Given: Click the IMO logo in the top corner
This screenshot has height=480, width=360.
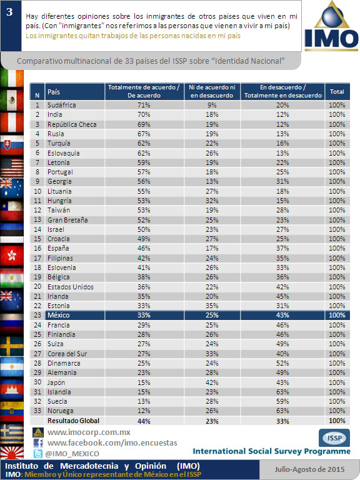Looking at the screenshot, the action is click(331, 26).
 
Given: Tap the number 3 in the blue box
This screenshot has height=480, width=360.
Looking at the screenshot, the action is click(9, 12).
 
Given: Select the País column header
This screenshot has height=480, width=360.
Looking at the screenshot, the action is click(54, 92).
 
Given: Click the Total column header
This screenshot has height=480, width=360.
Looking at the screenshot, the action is click(337, 91).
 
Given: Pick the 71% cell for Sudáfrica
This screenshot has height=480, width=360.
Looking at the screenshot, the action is click(144, 105).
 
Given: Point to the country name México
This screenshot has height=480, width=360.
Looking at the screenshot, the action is click(59, 315).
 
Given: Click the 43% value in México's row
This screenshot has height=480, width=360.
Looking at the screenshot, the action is click(282, 315).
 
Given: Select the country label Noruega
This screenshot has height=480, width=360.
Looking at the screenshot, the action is click(60, 411).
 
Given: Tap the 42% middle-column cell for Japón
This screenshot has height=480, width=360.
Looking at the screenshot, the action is click(212, 382).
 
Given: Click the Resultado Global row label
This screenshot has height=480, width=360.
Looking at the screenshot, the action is click(73, 421).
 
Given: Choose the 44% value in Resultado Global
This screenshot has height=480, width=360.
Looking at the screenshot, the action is click(144, 421).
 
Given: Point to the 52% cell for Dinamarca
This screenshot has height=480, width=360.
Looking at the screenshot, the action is click(282, 363).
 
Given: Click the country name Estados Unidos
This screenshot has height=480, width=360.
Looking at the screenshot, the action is click(71, 287).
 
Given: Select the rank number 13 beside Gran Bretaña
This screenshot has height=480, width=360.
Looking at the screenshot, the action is click(37, 219).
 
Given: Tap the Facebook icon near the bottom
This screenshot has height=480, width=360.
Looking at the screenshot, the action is click(38, 443).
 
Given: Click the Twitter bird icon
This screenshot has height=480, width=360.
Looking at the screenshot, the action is click(38, 453).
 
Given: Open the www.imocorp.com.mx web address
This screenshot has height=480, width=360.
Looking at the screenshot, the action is click(89, 432).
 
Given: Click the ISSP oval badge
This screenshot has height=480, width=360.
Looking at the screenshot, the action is click(334, 437).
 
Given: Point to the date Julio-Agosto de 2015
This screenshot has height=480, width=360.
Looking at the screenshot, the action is click(309, 469).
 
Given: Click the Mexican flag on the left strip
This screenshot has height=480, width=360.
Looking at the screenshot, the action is click(12, 100).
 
